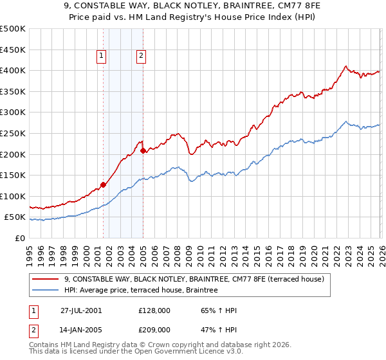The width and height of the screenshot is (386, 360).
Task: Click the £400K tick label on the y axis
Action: [13, 71]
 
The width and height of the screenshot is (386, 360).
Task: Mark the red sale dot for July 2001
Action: [104, 184]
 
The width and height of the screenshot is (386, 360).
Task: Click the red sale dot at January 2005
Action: [143, 150]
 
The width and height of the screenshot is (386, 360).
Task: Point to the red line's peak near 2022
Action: [346, 66]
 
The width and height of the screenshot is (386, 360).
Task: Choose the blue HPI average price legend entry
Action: [141, 291]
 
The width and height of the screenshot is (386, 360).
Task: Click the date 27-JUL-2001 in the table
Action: [81, 310]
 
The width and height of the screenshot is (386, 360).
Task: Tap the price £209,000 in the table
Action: [154, 329]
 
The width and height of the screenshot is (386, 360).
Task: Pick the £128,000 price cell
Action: [154, 310]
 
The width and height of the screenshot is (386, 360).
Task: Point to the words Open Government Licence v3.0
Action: [195, 353]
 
